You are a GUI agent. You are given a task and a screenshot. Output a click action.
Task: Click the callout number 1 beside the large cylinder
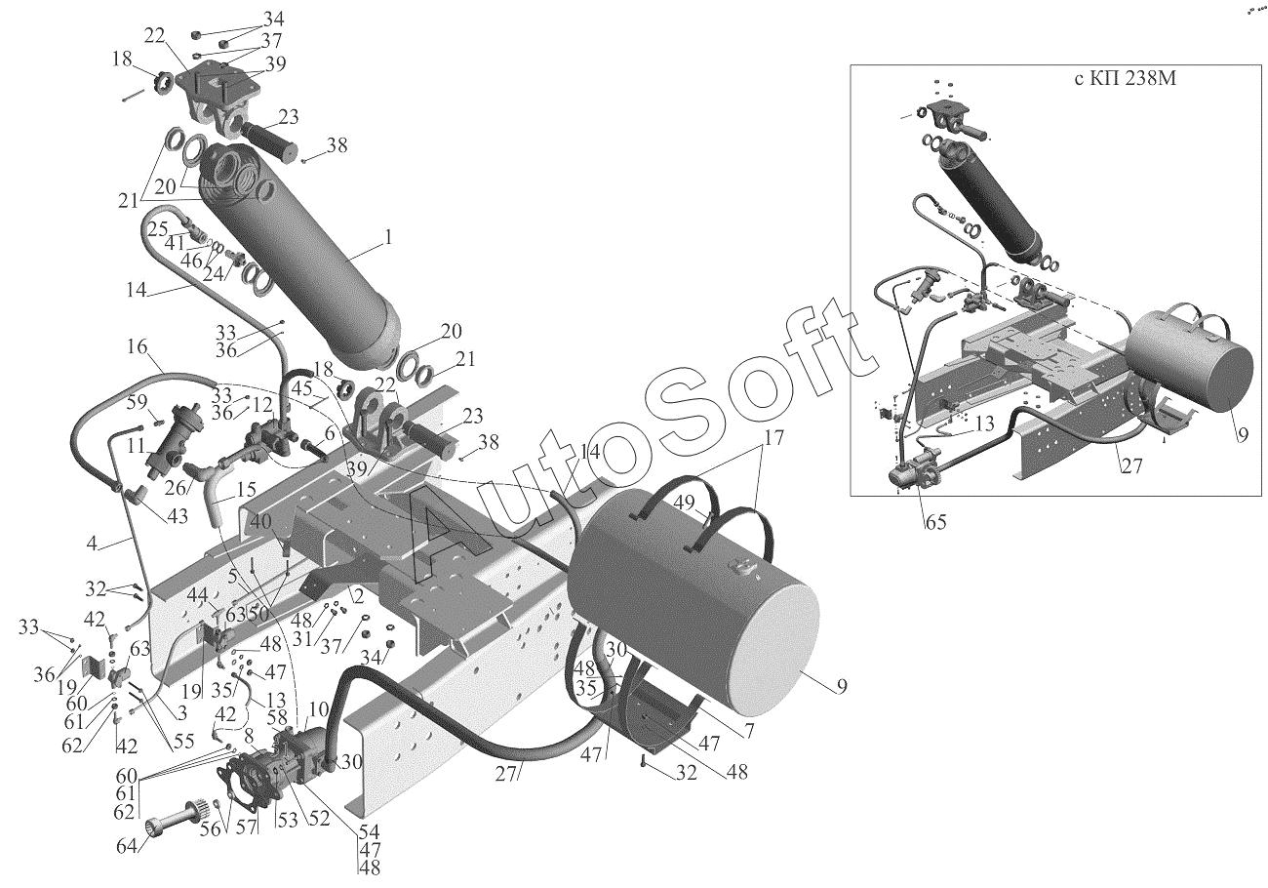click(x=388, y=237)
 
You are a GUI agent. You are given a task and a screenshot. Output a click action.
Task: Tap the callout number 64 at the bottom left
click(x=127, y=847)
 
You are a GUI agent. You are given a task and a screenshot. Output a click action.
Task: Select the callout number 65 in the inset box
click(x=935, y=522)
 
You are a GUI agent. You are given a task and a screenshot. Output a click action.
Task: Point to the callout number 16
click(x=137, y=346)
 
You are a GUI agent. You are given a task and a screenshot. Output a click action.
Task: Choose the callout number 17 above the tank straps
click(x=775, y=437)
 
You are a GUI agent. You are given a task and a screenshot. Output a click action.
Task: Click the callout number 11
click(x=136, y=447)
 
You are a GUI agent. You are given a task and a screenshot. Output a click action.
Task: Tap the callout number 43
click(x=178, y=515)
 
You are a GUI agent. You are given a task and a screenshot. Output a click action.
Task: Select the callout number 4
click(x=92, y=543)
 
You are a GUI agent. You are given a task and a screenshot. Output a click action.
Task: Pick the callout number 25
click(x=158, y=228)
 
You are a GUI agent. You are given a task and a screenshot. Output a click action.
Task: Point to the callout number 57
click(x=246, y=827)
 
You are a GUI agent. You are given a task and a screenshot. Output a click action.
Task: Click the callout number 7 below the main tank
click(x=749, y=731)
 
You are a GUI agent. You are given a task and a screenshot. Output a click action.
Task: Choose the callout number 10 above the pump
click(x=319, y=708)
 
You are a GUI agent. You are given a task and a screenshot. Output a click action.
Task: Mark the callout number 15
click(x=246, y=488)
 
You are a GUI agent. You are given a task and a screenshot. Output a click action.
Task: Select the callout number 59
click(x=137, y=404)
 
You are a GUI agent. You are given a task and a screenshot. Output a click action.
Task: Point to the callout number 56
click(x=211, y=827)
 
